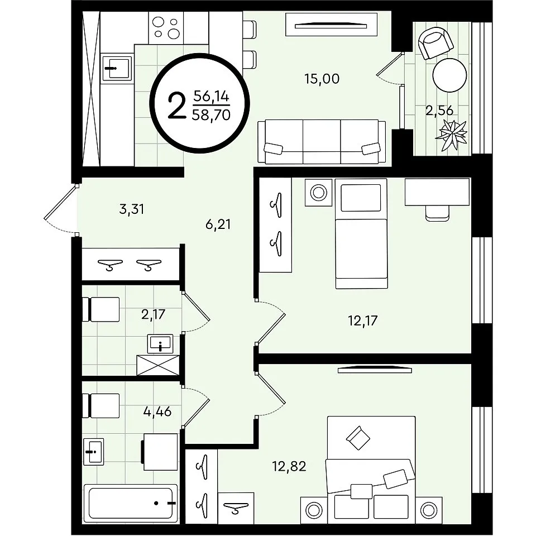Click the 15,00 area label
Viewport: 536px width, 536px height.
[322, 79]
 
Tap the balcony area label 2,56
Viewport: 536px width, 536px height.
[439, 111]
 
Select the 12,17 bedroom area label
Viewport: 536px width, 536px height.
[363, 320]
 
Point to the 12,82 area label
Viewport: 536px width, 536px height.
[289, 466]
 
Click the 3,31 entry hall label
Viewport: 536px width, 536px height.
[132, 209]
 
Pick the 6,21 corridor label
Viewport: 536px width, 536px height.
[218, 224]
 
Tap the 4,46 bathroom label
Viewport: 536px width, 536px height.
[157, 411]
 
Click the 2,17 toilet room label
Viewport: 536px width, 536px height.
[153, 314]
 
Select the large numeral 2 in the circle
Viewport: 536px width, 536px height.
[178, 107]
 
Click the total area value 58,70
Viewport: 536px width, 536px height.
[211, 115]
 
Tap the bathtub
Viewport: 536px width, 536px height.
[131, 503]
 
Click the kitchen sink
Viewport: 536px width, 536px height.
[117, 68]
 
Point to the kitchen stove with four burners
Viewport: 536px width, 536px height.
[166, 28]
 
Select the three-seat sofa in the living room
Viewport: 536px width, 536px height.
[322, 141]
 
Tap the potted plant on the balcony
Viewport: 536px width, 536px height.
[451, 135]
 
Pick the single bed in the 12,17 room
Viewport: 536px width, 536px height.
[361, 233]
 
